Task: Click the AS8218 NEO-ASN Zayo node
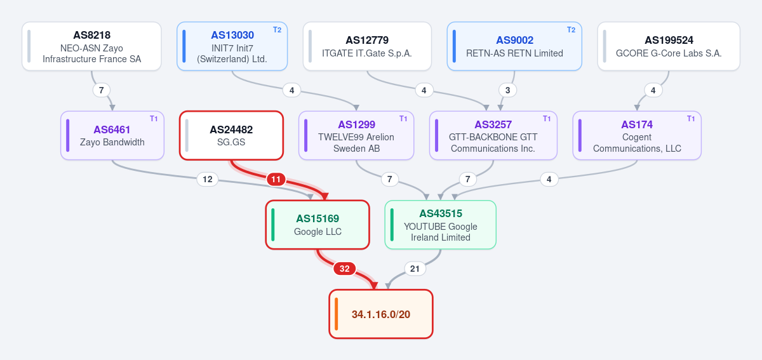(x=91, y=46)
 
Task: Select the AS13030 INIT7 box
(x=232, y=46)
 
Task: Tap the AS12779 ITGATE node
(x=367, y=46)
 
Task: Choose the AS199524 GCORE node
(x=669, y=46)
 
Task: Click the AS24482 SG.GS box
(x=231, y=135)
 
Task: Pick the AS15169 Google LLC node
(x=317, y=225)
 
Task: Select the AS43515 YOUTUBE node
(x=441, y=225)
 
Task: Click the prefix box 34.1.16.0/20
(x=381, y=314)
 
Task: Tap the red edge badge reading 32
(x=345, y=269)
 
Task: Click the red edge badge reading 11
(x=276, y=179)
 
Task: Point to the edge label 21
(x=415, y=269)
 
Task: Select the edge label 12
(x=208, y=179)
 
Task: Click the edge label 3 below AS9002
(x=507, y=91)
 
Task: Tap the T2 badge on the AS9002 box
(x=571, y=30)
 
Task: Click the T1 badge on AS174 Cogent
(x=691, y=119)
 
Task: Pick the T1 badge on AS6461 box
(x=154, y=119)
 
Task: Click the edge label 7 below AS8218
(x=102, y=91)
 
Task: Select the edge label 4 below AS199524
(x=653, y=91)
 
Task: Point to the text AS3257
(x=493, y=124)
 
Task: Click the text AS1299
(x=356, y=124)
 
